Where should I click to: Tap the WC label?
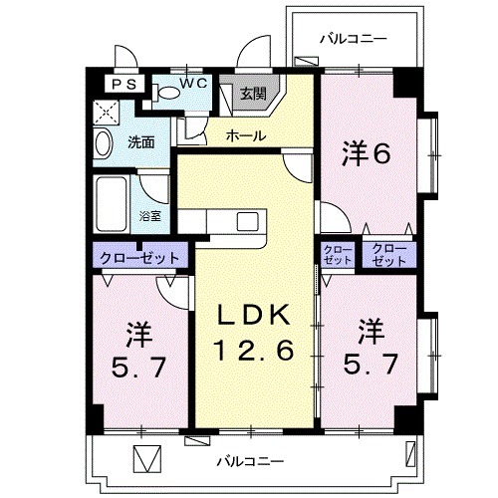[x=193, y=84]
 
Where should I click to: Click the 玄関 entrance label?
[x=252, y=95]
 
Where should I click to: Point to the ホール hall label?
[x=244, y=134]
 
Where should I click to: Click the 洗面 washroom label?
[x=140, y=142]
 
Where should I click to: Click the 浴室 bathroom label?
[x=150, y=215]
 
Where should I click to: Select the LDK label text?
[x=254, y=317]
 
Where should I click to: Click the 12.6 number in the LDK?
[x=254, y=351]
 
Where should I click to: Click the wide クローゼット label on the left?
[x=138, y=257]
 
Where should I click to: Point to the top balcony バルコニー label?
[x=353, y=40]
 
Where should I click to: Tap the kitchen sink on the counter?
[x=247, y=220]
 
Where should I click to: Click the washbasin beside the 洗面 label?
[x=104, y=145]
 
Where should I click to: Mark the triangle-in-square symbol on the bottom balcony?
[x=146, y=461]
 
